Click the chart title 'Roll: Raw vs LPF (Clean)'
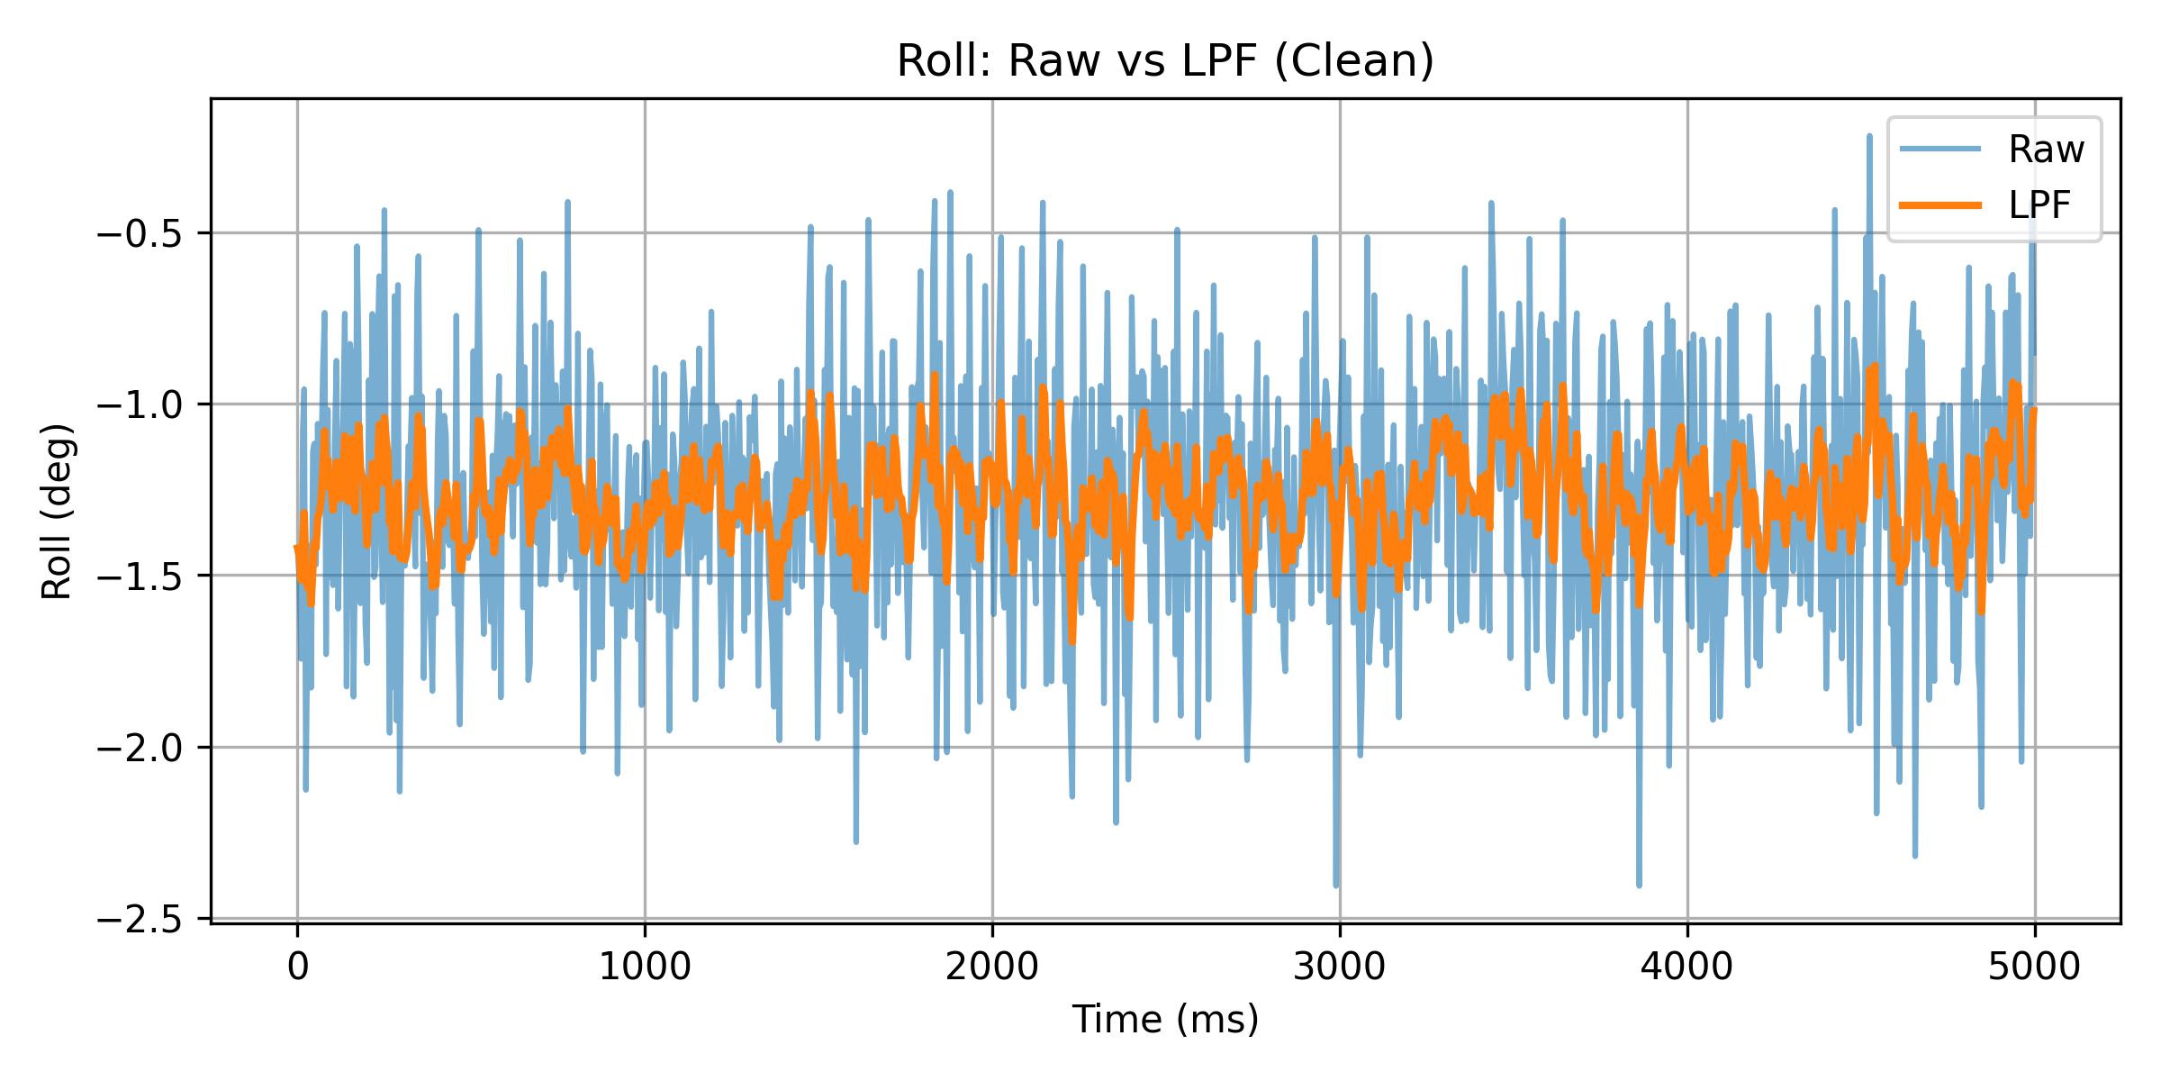pyautogui.click(x=1165, y=61)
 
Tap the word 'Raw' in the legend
pyautogui.click(x=2046, y=150)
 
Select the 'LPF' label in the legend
pyautogui.click(x=2039, y=205)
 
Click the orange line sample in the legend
pyautogui.click(x=1940, y=205)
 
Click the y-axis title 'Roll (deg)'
pyautogui.click(x=57, y=511)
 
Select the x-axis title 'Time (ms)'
pyautogui.click(x=1165, y=1020)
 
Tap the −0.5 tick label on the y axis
pyautogui.click(x=140, y=233)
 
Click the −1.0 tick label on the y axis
pyautogui.click(x=140, y=404)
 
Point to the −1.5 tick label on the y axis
pyautogui.click(x=140, y=576)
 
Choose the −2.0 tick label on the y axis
pyautogui.click(x=140, y=748)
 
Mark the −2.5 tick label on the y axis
pyautogui.click(x=140, y=919)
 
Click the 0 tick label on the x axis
pyautogui.click(x=297, y=967)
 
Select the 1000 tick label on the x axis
pyautogui.click(x=645, y=967)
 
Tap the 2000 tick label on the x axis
pyautogui.click(x=992, y=967)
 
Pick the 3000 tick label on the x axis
pyautogui.click(x=1340, y=967)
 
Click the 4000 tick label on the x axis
pyautogui.click(x=1686, y=967)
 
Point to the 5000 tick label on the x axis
pyautogui.click(x=2034, y=967)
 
